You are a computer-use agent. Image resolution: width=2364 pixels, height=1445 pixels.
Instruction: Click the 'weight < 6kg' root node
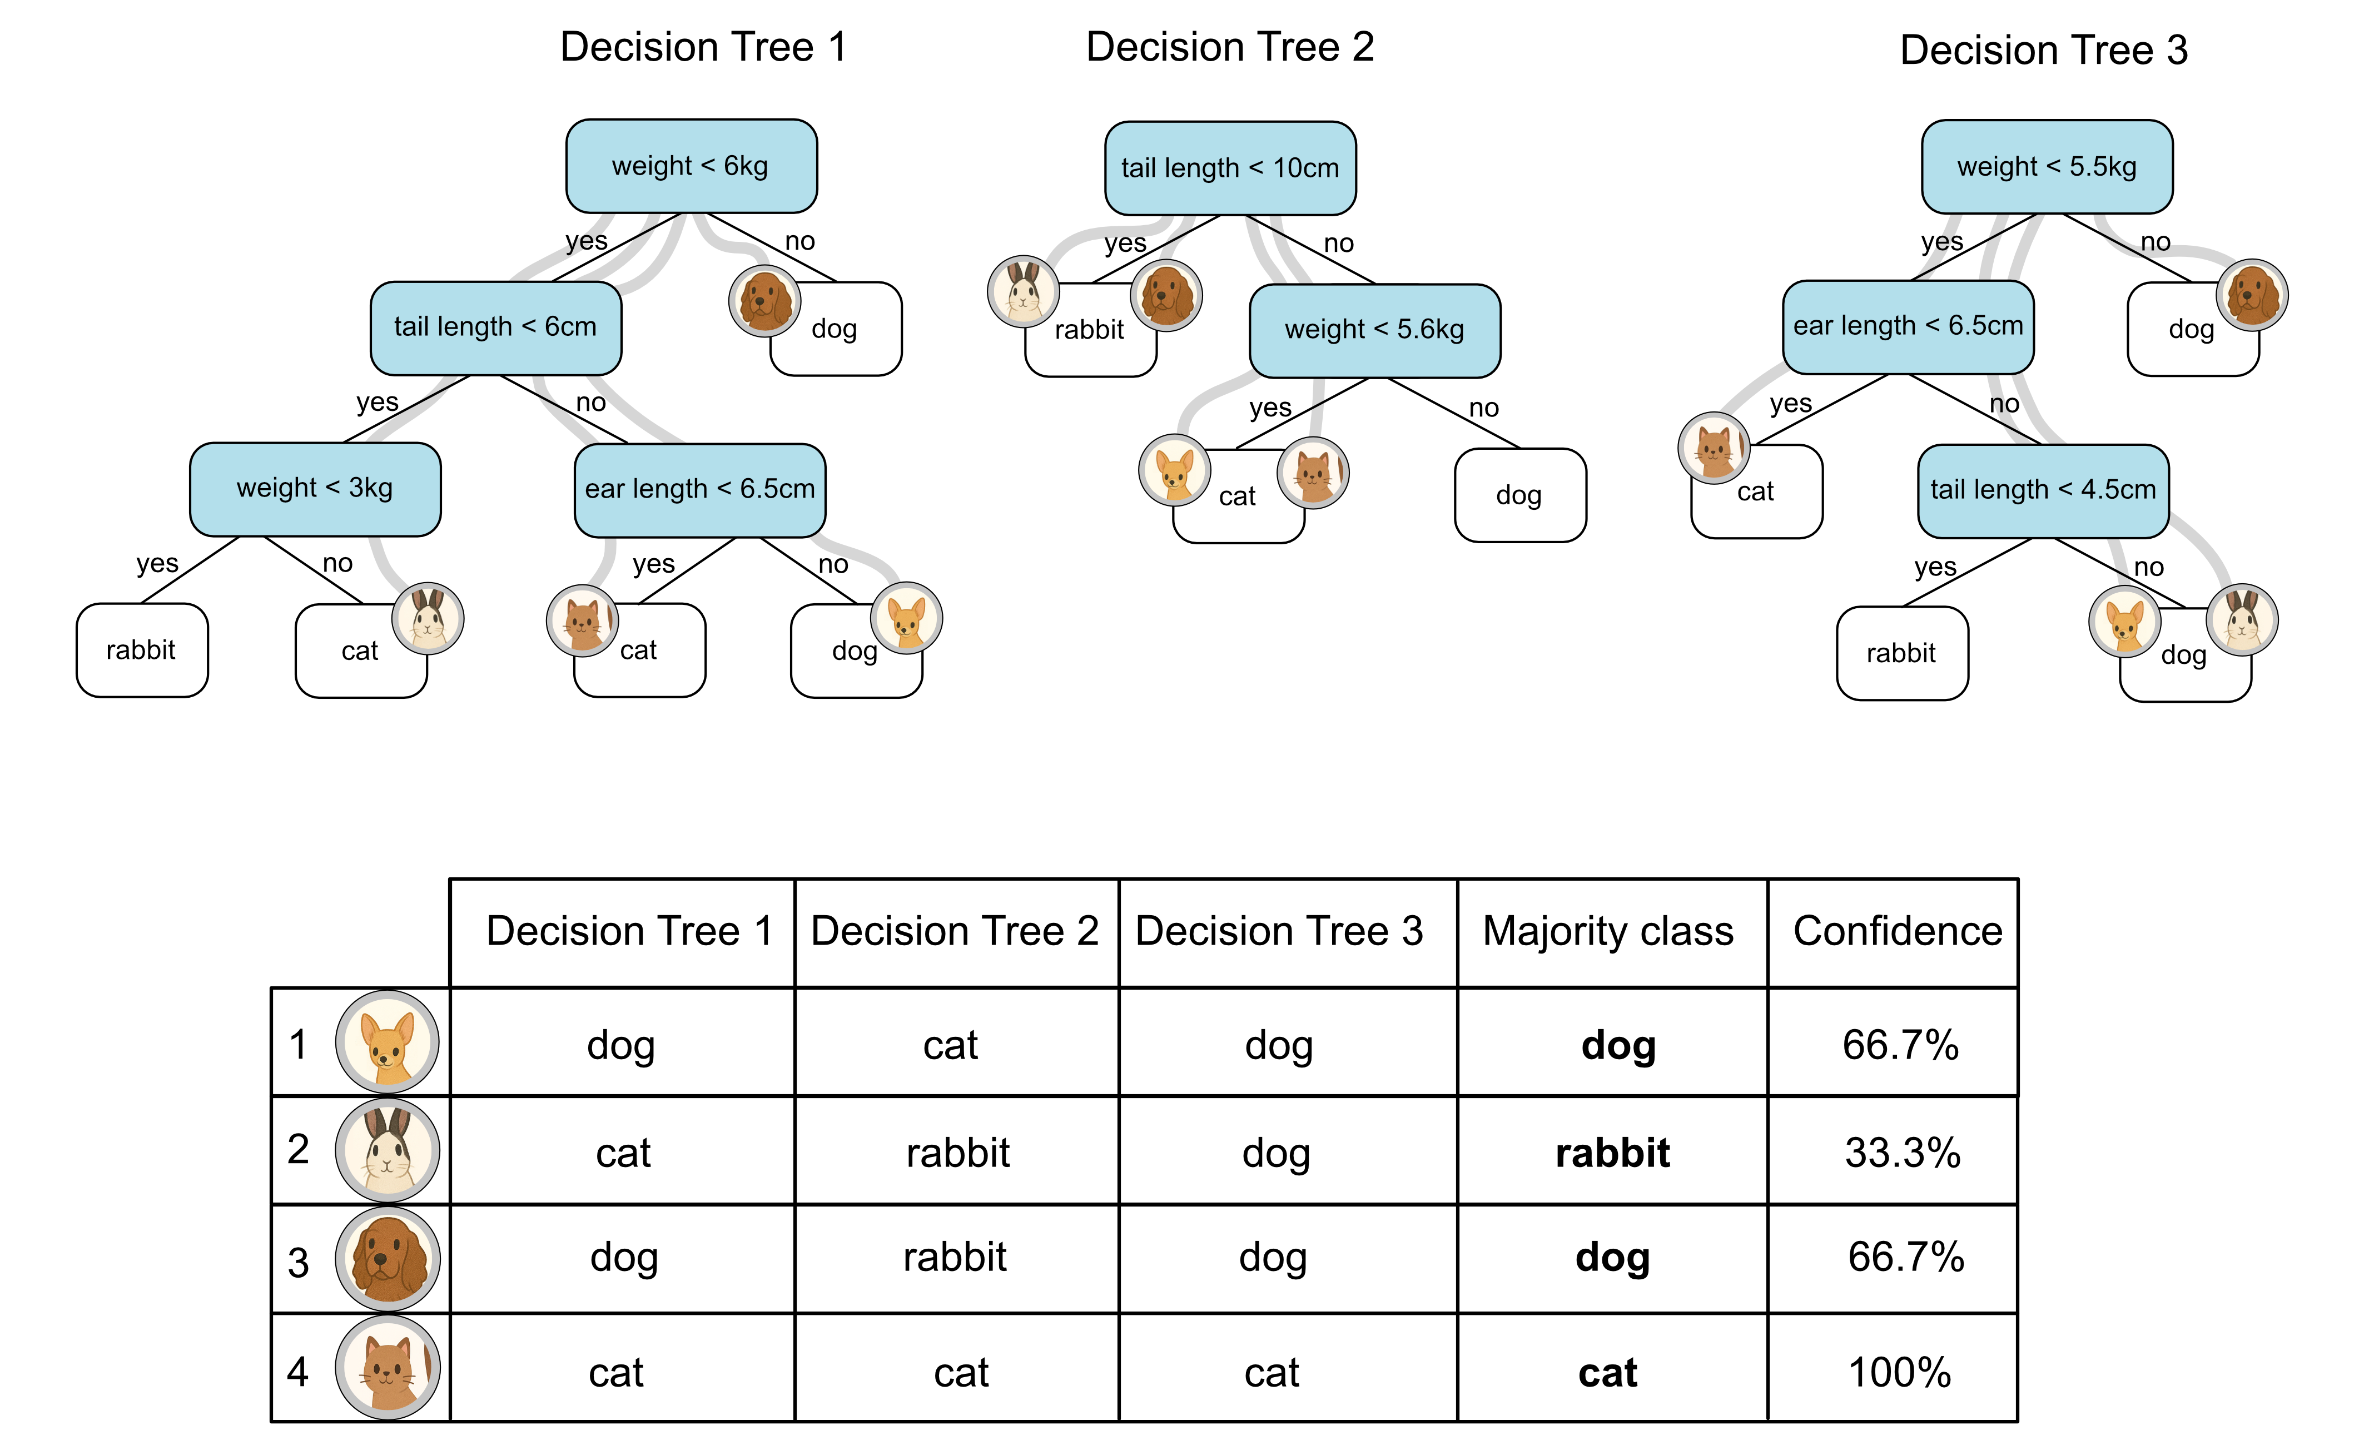coord(691,166)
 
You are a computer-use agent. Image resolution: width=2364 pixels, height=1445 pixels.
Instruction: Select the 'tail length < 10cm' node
coord(1230,168)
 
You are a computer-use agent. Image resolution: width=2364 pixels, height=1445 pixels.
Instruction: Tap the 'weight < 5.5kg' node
coord(2047,166)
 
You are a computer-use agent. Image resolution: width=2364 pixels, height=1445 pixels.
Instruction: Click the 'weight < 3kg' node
coord(315,488)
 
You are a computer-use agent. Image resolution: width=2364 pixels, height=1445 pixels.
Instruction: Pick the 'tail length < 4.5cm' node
coord(2043,490)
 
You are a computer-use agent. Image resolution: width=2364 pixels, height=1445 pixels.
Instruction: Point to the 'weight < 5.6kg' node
coord(1374,330)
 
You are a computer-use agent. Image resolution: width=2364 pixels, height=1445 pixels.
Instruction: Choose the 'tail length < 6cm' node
coord(495,327)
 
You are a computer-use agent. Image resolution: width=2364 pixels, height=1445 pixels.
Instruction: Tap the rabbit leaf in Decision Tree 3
coord(1901,653)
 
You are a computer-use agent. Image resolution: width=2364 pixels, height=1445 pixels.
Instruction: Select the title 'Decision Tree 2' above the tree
coord(1230,47)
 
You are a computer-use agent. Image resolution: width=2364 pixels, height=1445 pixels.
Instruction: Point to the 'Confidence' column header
coord(1897,932)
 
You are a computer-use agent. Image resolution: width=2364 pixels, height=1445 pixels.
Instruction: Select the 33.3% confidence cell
coord(1901,1153)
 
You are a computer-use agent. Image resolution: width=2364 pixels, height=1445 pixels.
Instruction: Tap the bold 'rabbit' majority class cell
coord(1612,1153)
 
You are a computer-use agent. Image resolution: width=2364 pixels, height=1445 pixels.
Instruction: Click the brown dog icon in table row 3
coord(388,1259)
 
